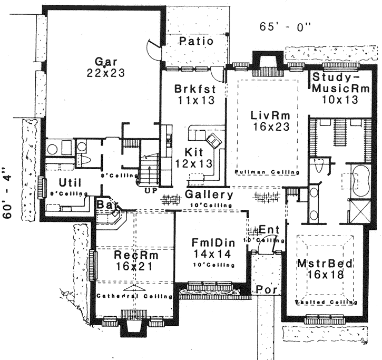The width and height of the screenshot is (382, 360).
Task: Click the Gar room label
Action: coord(106,60)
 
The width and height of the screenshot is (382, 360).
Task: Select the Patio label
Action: coord(195,41)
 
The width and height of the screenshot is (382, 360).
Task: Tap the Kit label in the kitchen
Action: coord(191,152)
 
